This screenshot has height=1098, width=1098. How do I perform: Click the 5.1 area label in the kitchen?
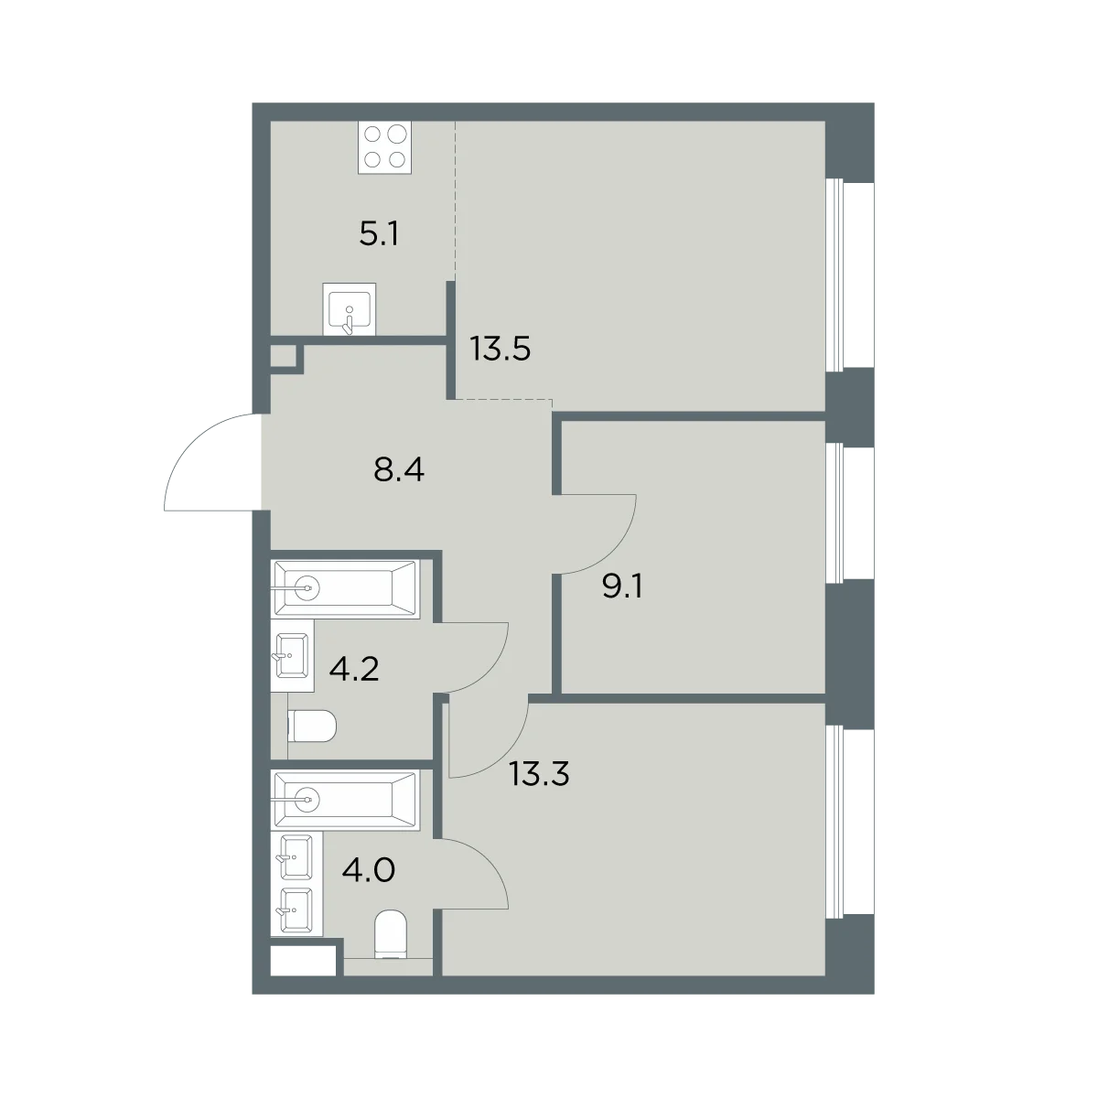(x=379, y=234)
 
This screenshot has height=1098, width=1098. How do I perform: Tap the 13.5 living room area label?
(x=501, y=349)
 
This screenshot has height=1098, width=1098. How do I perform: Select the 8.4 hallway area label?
(x=399, y=470)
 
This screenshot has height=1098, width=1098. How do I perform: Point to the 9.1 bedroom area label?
(x=622, y=586)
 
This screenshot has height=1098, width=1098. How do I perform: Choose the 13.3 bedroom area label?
(x=539, y=774)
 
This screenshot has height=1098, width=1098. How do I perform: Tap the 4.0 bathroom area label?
(x=369, y=870)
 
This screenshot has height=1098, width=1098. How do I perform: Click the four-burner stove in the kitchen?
(x=384, y=147)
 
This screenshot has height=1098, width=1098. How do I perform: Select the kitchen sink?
(x=350, y=309)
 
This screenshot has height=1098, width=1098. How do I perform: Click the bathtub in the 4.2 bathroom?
(x=347, y=588)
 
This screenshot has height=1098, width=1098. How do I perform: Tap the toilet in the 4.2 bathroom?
(x=312, y=727)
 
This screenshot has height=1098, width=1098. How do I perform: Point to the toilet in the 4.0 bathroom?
(x=391, y=942)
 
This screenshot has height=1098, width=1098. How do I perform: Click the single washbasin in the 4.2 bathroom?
(x=292, y=656)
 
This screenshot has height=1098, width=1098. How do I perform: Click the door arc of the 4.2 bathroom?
(x=487, y=672)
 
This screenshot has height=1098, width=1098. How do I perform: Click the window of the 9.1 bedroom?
(x=849, y=512)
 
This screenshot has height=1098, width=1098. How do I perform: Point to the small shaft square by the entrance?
(x=283, y=356)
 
